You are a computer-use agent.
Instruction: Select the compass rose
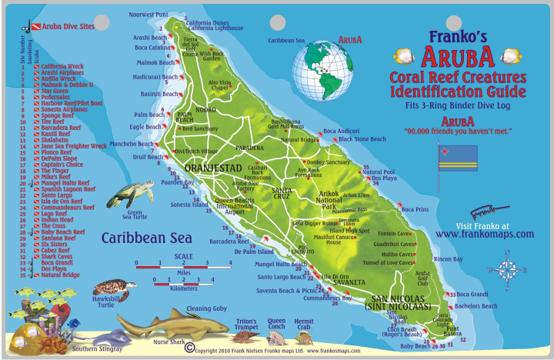(x=506, y=270)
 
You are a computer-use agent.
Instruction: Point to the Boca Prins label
(x=415, y=210)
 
